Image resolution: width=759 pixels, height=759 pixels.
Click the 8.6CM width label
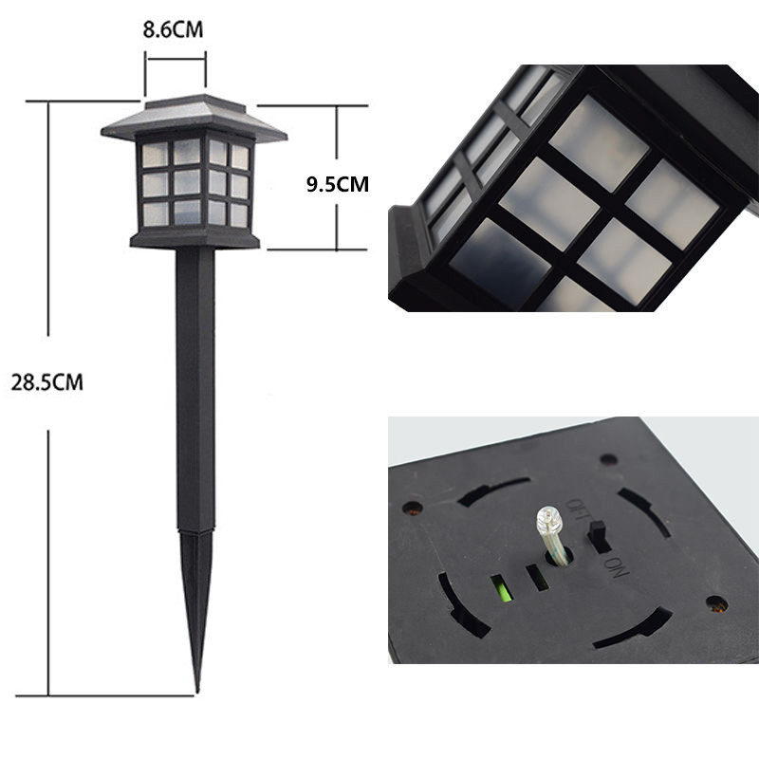point(173,30)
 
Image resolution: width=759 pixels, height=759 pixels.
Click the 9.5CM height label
point(337,184)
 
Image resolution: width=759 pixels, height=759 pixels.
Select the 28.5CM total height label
point(47,383)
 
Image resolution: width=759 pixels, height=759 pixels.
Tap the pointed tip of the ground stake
point(197,685)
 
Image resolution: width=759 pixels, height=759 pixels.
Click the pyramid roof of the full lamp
point(194,117)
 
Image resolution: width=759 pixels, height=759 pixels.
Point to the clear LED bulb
point(548,521)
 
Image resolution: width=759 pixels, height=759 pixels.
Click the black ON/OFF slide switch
point(599,536)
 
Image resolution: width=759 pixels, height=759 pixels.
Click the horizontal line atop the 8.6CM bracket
point(176,59)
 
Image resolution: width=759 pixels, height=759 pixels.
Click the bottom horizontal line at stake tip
point(114,695)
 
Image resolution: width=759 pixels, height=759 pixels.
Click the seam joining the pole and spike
point(196,531)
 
